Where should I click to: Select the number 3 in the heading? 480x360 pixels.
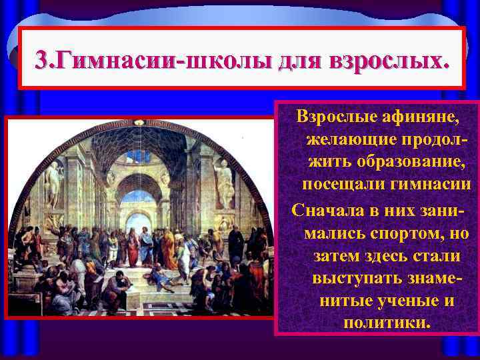click(x=41, y=61)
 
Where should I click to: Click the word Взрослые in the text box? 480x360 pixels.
click(x=340, y=118)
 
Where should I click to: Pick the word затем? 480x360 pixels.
click(x=340, y=256)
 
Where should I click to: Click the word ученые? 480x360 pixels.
click(x=406, y=300)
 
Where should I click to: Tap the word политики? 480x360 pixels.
click(x=387, y=323)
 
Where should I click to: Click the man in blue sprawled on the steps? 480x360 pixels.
click(x=160, y=273)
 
